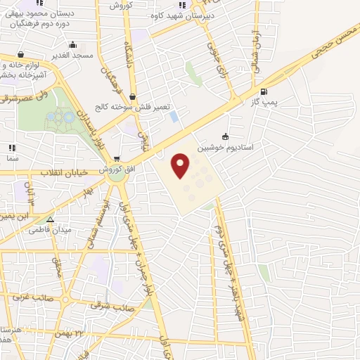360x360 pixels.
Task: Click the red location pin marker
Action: [x=181, y=165]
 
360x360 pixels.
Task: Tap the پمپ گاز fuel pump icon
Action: [x=264, y=91]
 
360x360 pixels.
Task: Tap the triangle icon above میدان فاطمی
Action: [x=49, y=219]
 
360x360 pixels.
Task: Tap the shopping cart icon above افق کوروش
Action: [x=116, y=159]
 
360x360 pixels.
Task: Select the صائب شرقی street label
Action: [x=112, y=306]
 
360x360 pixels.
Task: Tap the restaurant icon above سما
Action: [x=12, y=148]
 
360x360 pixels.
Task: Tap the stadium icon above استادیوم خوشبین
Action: [x=225, y=136]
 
